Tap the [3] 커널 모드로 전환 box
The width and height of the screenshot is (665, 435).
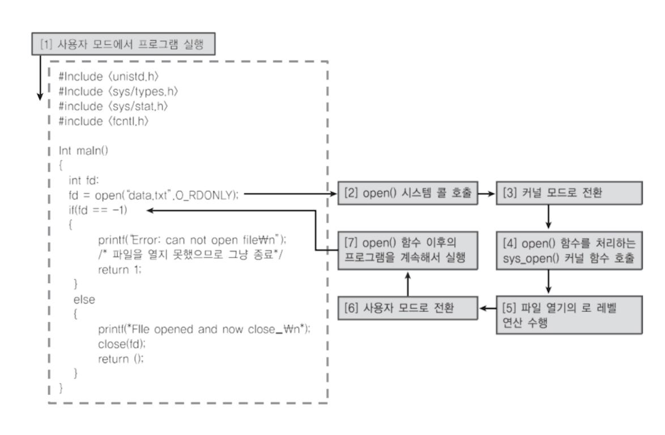569,194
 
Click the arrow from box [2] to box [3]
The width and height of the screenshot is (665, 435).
487,194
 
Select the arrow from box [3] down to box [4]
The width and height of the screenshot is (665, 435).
548,216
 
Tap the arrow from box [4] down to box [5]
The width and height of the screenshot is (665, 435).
548,280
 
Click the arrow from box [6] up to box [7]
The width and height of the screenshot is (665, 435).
407,282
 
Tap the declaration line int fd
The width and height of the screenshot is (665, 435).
83,181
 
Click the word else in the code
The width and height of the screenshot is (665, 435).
84,299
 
